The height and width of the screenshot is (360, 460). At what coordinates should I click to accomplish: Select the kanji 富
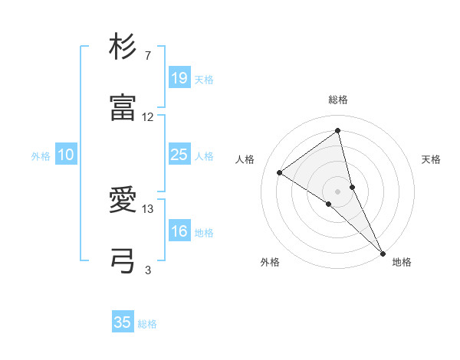coord(123,108)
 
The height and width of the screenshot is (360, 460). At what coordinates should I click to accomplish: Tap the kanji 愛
coord(123,201)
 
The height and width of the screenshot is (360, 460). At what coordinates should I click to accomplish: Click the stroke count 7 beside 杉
coord(148,57)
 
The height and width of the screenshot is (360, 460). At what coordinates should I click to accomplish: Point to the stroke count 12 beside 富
coord(148,117)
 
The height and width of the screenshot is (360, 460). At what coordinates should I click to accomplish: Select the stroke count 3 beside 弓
coord(148,270)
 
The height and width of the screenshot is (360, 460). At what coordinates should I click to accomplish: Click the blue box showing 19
coord(179,78)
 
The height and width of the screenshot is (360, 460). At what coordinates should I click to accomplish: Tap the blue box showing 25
coord(179,155)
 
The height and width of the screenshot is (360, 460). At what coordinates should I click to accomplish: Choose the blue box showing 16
coord(179,231)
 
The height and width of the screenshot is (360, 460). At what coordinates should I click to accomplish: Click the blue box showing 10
coord(66,155)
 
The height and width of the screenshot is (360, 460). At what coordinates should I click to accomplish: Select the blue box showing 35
coord(123,322)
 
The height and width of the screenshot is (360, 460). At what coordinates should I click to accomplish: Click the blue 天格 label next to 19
coord(204,80)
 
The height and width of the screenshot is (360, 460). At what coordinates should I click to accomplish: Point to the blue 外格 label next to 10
coord(41,156)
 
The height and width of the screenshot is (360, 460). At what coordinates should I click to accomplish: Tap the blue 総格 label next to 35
coord(147,324)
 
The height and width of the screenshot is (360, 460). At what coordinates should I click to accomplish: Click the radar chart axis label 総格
coord(338,100)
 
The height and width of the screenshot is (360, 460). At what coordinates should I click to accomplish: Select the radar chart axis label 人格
coord(245,159)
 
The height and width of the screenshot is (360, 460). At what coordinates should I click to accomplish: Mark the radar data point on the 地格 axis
coord(383,252)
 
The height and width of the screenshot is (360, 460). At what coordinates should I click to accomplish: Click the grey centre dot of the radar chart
coord(337,190)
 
